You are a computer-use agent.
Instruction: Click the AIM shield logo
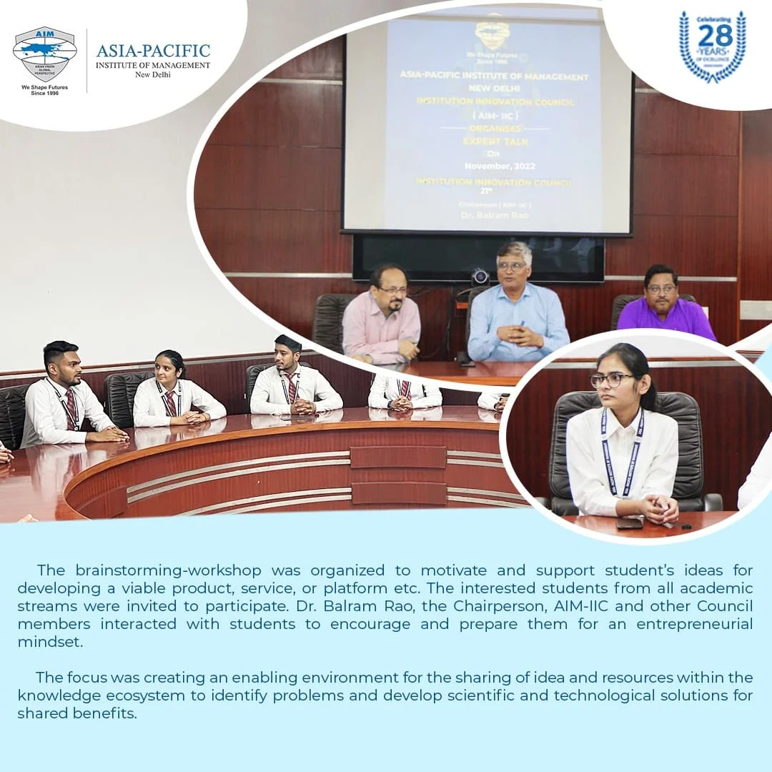click(x=44, y=54)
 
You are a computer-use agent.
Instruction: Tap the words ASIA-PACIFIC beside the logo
click(x=153, y=51)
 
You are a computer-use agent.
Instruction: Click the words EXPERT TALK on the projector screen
click(x=495, y=142)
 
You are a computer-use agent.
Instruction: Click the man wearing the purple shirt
click(x=663, y=304)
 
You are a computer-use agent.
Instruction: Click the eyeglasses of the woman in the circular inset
click(x=612, y=379)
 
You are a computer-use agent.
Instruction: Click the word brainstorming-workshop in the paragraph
click(x=168, y=570)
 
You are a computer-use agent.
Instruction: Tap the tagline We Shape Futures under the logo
click(x=44, y=87)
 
